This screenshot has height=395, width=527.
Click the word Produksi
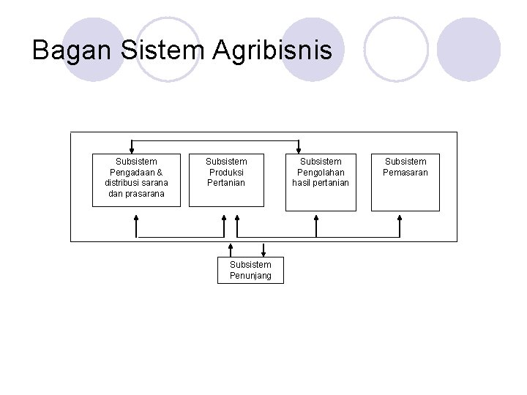[x=225, y=172]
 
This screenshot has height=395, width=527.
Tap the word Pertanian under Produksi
[x=225, y=183]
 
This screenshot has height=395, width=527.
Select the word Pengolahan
[x=321, y=172]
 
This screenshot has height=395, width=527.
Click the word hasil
[x=303, y=183]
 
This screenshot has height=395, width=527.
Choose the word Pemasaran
[x=405, y=172]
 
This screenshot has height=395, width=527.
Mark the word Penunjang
[x=250, y=276]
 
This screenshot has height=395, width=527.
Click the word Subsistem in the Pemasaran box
[x=405, y=161]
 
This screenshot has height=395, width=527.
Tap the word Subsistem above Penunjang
[x=250, y=265]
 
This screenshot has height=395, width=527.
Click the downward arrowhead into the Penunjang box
[x=263, y=255]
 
